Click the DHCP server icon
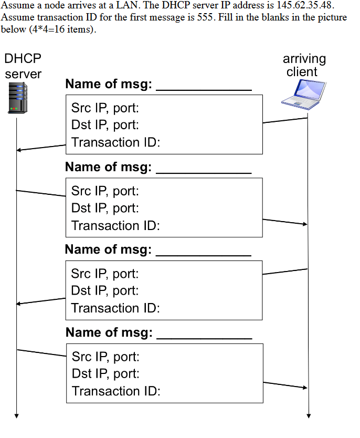[x=17, y=98]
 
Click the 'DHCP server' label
[x=23, y=66]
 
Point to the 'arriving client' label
[x=304, y=65]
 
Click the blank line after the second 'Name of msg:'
[x=204, y=170]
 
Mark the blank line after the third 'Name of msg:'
[x=204, y=253]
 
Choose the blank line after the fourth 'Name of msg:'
[x=204, y=336]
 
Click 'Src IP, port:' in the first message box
[x=105, y=109]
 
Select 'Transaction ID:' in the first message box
[x=115, y=142]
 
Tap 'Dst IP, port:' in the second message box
[x=105, y=208]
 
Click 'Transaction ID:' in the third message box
[x=115, y=308]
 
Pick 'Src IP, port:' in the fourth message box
[x=105, y=358]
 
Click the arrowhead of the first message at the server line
[x=19, y=150]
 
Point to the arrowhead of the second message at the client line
[x=304, y=224]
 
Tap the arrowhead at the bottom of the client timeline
[x=308, y=416]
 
